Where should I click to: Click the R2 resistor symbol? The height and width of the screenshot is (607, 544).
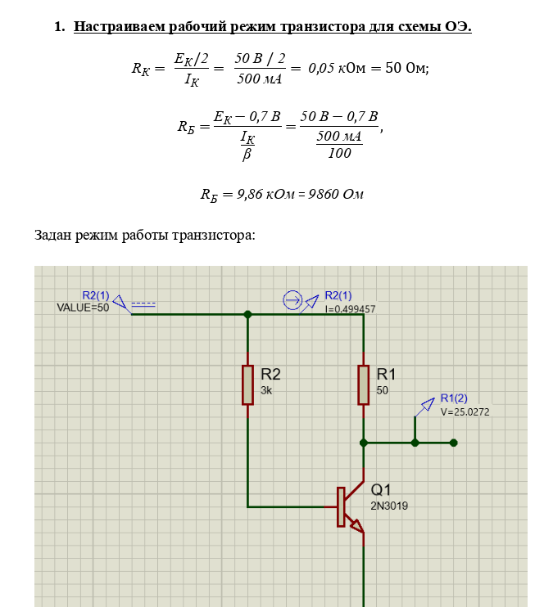pos(247,385)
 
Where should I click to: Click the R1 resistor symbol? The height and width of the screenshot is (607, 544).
pos(363,385)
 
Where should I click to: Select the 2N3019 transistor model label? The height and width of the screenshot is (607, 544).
pos(389,506)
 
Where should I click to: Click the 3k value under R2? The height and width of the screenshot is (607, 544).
pos(266,391)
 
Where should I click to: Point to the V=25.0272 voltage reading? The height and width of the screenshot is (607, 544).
pos(465,412)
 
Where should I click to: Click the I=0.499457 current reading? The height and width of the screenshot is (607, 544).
pos(350,309)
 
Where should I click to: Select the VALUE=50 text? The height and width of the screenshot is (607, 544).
pos(83,308)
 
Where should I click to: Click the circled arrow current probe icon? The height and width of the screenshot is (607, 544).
pos(292,300)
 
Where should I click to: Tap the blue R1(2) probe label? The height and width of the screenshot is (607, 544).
pos(454,398)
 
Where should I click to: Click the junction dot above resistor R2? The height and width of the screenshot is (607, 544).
pos(247,313)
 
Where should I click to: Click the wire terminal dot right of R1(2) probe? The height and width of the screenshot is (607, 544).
pos(454,443)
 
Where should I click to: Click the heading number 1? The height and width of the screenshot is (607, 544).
pos(58,27)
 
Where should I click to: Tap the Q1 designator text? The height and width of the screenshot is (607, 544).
pos(382,489)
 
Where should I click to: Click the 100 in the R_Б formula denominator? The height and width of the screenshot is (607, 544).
pos(338,153)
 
